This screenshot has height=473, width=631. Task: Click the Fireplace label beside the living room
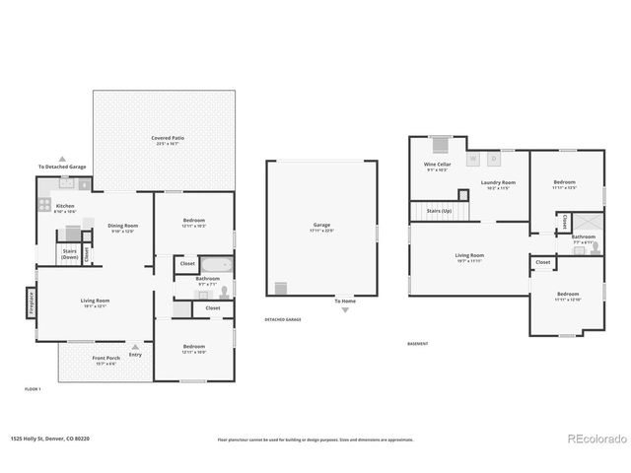pos(31,301)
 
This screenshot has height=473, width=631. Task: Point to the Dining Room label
pos(123,228)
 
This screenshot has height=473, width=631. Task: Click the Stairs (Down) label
pos(70,253)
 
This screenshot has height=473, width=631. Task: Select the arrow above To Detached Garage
pos(62,158)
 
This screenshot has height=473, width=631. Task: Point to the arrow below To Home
pos(345,309)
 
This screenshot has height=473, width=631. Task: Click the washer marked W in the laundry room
pos(472,158)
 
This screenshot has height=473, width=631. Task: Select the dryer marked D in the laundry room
pos(496,158)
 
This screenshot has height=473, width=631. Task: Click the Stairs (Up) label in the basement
pos(439,211)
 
